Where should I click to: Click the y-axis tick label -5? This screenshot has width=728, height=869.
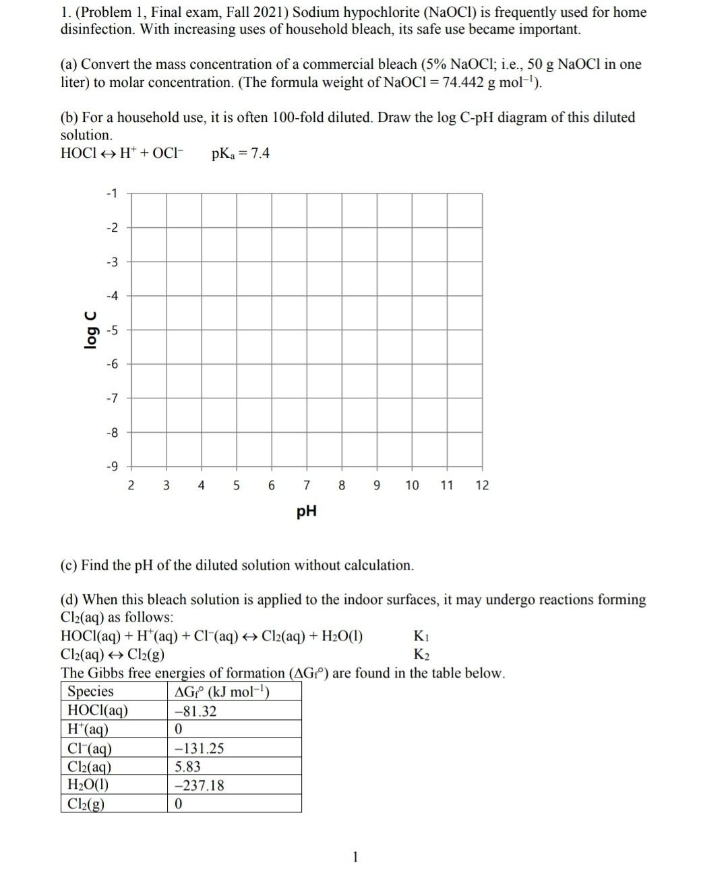(x=112, y=330)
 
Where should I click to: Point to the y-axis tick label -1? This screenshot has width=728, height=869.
(x=112, y=193)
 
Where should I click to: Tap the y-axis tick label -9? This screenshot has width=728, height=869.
(x=112, y=467)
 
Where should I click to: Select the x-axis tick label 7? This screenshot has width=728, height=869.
(x=307, y=485)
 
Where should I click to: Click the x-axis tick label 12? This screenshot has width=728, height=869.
(x=482, y=485)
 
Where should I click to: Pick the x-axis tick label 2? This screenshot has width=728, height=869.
(x=131, y=485)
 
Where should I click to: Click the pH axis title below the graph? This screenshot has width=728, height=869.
(x=307, y=512)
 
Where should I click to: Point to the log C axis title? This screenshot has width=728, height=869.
(x=90, y=330)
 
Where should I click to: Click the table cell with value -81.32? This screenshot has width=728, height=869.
(x=195, y=711)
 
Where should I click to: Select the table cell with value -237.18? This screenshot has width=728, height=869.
(x=200, y=785)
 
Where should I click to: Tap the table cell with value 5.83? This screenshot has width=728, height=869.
(x=187, y=767)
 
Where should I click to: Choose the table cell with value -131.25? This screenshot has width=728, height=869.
(x=200, y=748)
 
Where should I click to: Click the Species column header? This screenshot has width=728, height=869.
(x=91, y=692)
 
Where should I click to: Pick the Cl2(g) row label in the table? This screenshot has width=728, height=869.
(x=86, y=804)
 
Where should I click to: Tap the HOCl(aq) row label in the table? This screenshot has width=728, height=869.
(x=98, y=711)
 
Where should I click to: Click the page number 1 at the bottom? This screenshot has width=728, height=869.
(x=356, y=857)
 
